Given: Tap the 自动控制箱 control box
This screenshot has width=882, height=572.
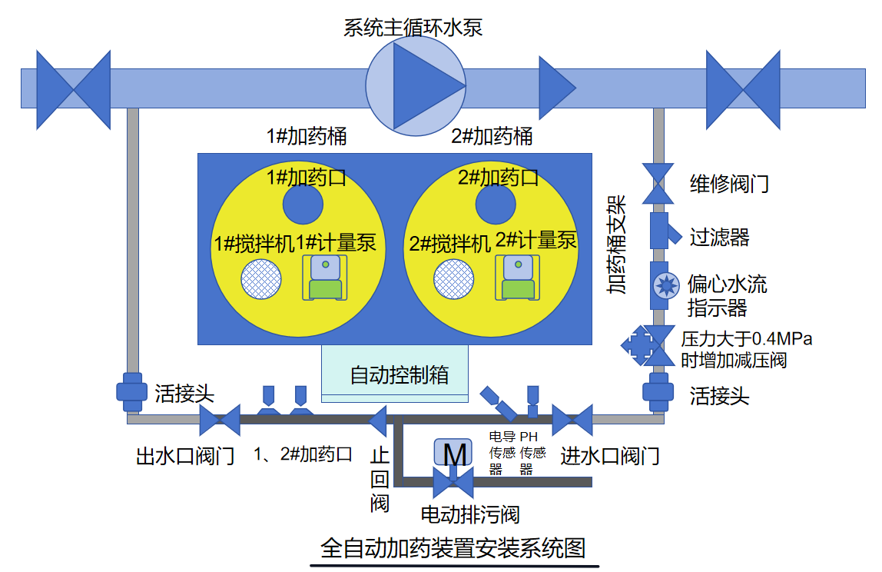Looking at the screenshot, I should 395,374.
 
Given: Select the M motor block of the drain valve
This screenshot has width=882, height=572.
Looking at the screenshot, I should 454,453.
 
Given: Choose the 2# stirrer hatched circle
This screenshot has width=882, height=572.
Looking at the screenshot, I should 453,280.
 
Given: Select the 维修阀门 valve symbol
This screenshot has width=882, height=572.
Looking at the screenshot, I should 658,184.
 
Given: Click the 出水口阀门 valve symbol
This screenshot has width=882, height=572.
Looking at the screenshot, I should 220,420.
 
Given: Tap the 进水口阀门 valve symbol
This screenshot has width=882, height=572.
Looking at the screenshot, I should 572,420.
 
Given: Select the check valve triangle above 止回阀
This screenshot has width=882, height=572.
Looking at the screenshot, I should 377,421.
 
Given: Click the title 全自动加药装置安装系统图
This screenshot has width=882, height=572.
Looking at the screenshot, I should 453,548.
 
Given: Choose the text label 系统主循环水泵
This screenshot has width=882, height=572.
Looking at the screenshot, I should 413,28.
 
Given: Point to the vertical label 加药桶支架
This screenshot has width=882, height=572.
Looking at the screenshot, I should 617,245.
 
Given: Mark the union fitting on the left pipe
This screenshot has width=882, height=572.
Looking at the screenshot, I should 131,391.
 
